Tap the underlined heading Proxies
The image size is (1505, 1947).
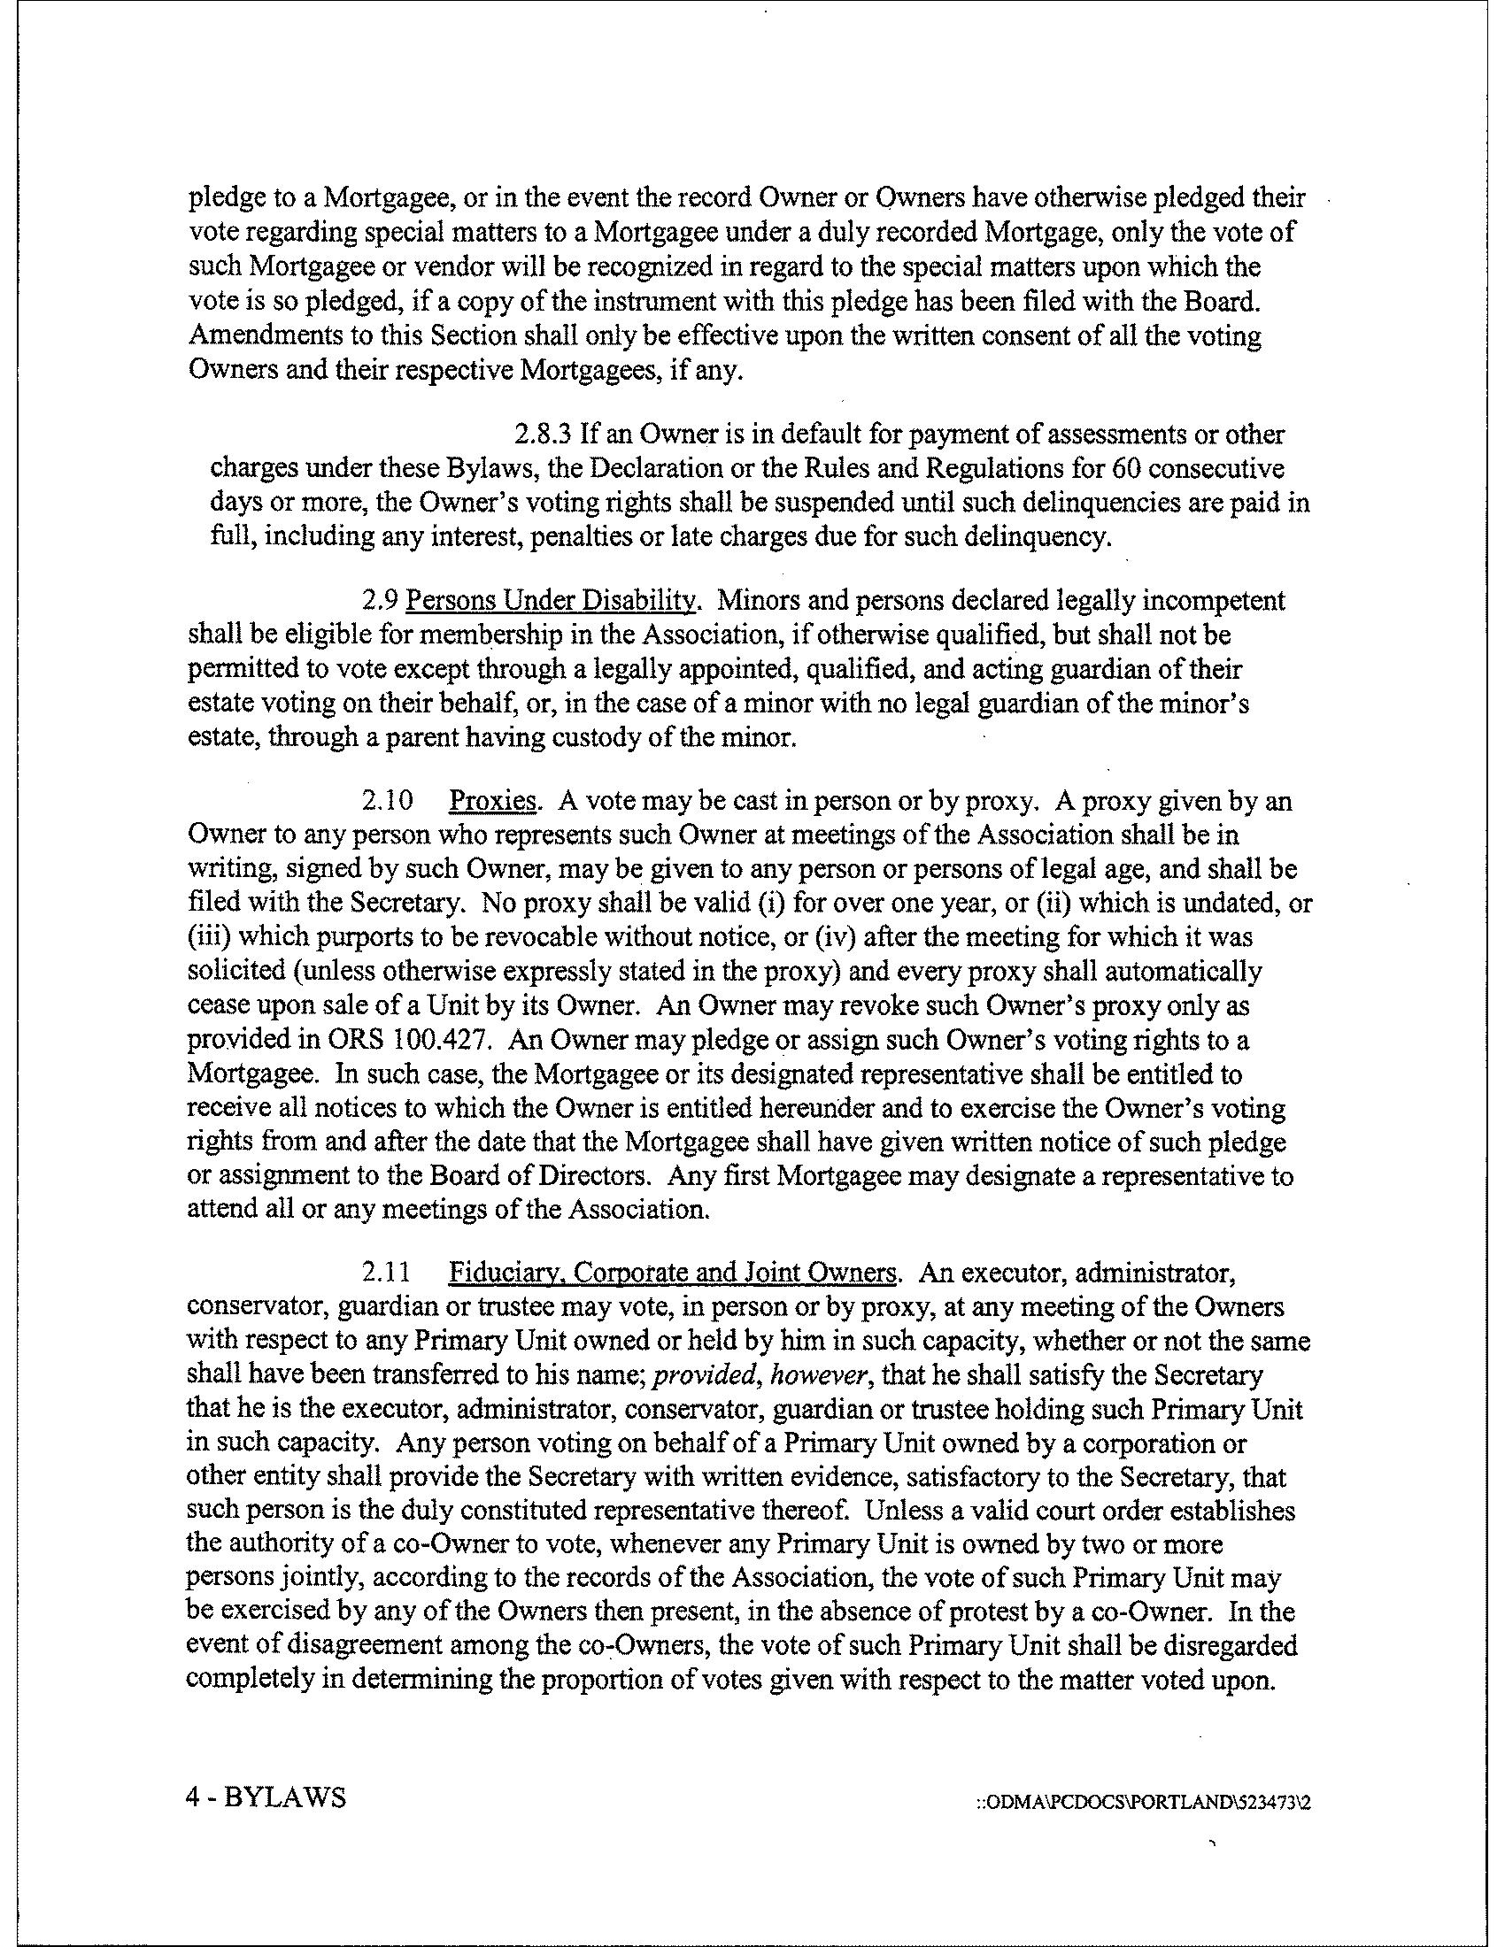pyautogui.click(x=493, y=802)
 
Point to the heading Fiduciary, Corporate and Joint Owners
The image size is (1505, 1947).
pyautogui.click(x=672, y=1272)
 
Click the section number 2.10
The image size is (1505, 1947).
pyautogui.click(x=387, y=802)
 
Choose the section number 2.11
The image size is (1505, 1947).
pyautogui.click(x=387, y=1272)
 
